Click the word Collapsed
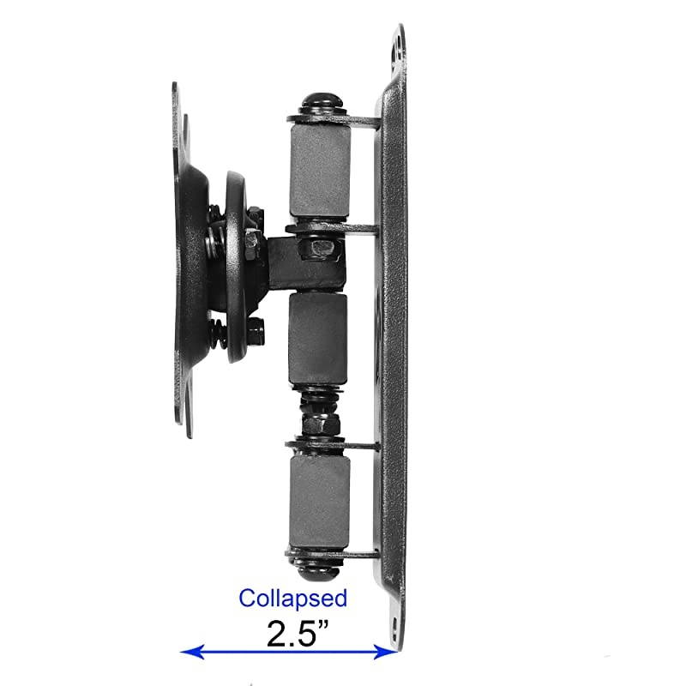[x=292, y=598]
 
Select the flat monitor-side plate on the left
[x=180, y=257]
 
